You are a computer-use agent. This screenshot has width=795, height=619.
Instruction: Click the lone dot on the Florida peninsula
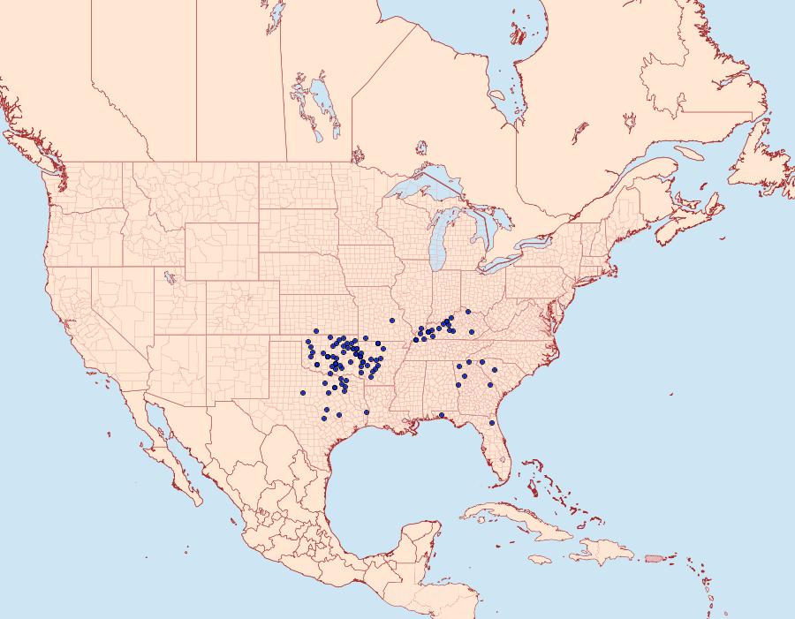tap(492, 423)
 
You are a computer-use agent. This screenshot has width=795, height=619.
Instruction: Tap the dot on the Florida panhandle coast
tap(441, 415)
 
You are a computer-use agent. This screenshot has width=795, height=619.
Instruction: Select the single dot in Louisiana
tap(367, 412)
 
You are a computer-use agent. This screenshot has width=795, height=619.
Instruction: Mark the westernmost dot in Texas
tap(303, 392)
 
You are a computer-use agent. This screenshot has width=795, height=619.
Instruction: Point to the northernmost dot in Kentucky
tap(468, 312)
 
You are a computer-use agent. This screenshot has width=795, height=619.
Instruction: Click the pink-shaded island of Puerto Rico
tap(653, 557)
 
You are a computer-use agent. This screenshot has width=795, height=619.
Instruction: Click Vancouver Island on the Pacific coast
tap(26, 146)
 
